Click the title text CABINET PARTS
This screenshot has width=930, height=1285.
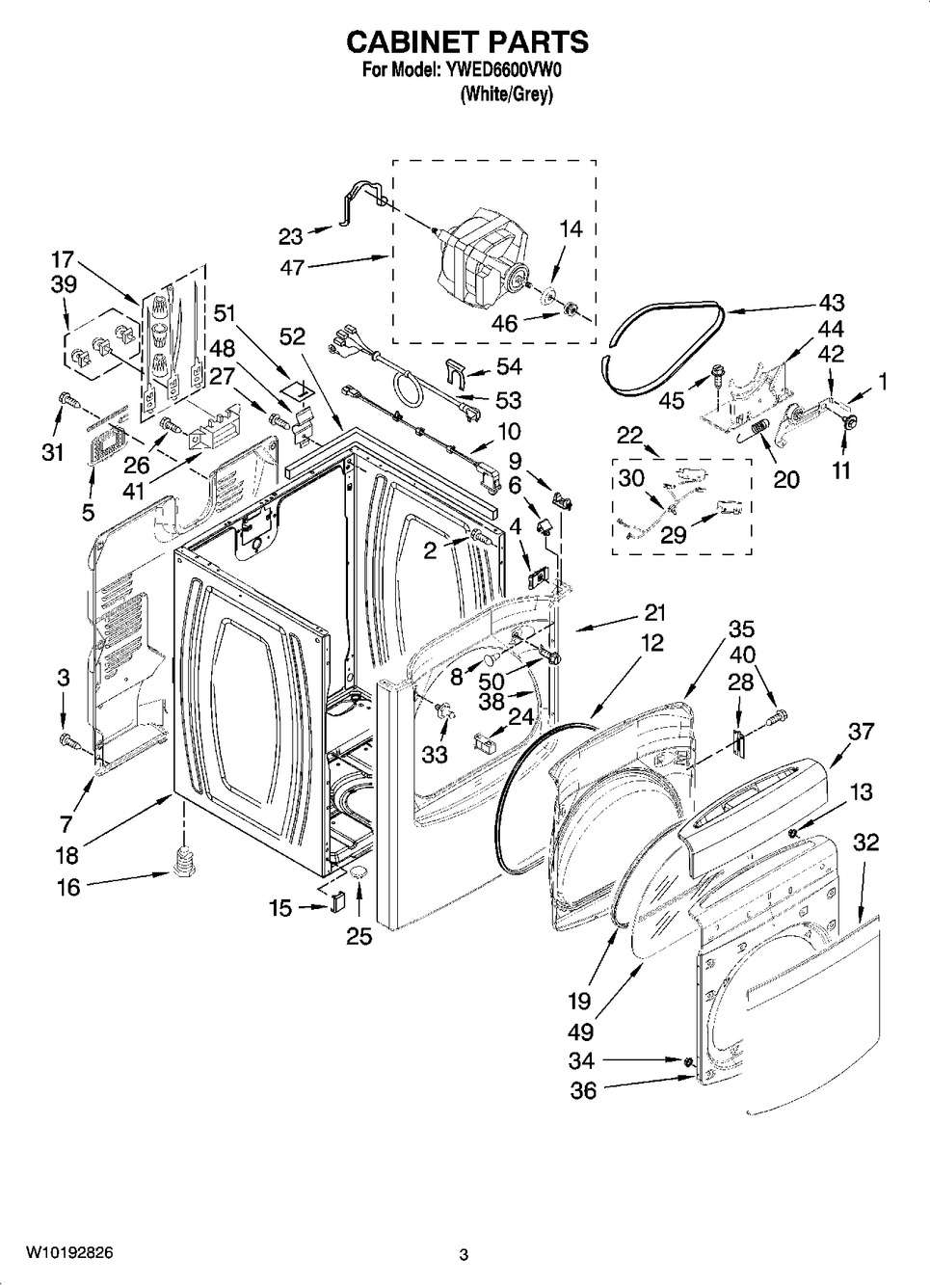(466, 42)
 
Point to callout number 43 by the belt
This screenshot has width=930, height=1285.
(831, 302)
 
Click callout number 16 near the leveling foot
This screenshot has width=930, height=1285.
(68, 887)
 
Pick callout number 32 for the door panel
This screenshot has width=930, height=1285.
(866, 843)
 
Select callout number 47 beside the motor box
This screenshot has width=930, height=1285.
(292, 268)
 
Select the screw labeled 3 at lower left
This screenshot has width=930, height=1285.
(68, 740)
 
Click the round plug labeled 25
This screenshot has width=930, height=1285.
(359, 873)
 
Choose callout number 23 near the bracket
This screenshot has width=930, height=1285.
(290, 236)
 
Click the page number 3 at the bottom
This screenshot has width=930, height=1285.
(464, 1255)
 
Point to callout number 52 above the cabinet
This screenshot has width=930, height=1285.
(292, 336)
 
